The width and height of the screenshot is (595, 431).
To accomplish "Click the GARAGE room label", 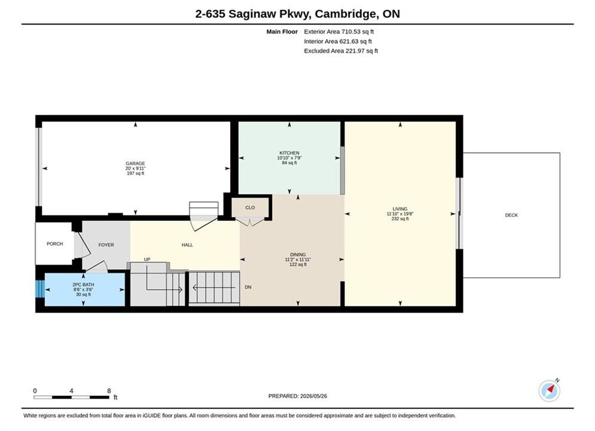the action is tap(136, 163).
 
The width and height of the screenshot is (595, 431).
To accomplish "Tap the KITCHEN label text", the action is tap(289, 153).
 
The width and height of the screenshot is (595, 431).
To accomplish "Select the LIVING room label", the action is tap(400, 209).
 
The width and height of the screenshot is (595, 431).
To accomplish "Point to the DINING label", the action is tap(298, 254).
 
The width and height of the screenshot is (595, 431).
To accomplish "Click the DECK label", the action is tap(511, 215).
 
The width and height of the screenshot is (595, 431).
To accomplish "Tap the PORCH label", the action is tap(54, 244).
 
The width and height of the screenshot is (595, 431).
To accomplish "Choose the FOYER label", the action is tap(106, 245).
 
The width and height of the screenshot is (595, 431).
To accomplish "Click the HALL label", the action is tap(187, 245).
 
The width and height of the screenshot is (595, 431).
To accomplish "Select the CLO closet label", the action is tap(250, 208).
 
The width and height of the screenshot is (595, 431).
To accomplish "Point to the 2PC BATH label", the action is tap(84, 284).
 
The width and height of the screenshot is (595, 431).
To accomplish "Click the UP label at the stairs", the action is tap(147, 259).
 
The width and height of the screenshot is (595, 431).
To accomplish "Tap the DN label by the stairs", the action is tap(248, 287).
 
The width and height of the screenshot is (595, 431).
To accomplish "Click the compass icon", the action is tap(549, 390).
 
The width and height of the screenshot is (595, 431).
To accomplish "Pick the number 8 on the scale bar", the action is tap(109, 391).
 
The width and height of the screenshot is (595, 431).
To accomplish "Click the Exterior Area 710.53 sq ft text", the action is tap(339, 32).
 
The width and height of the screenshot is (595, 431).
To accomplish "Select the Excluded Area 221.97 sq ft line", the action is tap(341, 51).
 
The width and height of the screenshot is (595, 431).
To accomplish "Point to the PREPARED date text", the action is tap(298, 396).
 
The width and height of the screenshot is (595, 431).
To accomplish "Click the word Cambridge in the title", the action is tap(346, 14).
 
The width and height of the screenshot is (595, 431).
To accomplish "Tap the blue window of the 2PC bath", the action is tap(40, 289).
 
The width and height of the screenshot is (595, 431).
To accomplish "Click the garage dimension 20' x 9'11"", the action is tap(136, 168).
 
